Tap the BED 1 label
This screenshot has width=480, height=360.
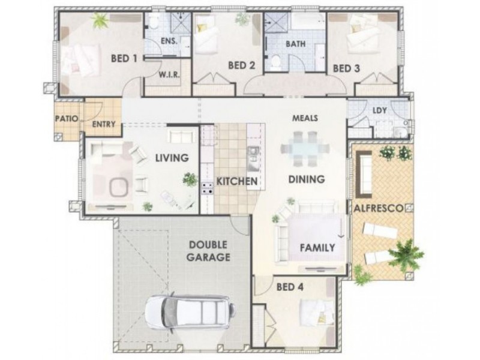125,59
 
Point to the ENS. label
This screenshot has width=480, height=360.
169,41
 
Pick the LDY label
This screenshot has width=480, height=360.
379,110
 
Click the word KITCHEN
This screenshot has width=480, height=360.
237,181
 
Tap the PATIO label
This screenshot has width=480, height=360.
67,119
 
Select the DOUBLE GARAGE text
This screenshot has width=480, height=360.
208,251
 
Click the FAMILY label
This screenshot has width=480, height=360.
317,247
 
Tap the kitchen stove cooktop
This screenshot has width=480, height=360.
207,188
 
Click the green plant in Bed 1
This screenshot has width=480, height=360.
99,21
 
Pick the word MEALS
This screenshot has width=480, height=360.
305,118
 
